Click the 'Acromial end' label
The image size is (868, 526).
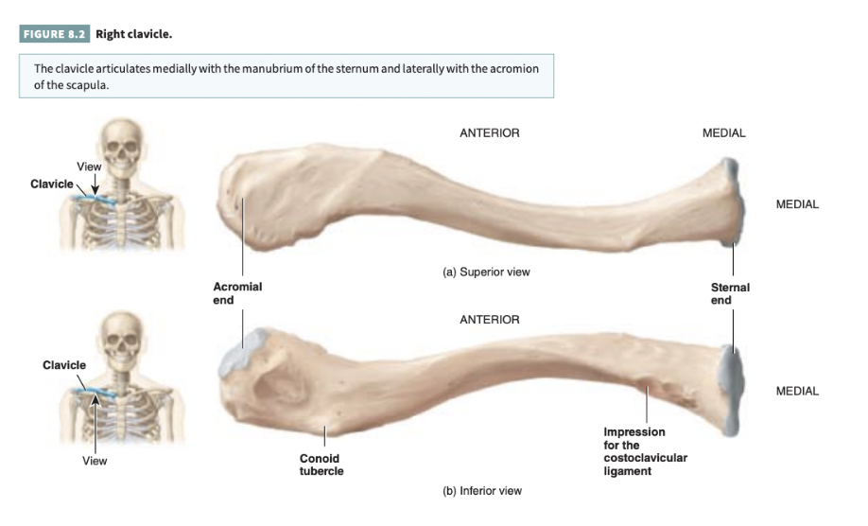[237, 292]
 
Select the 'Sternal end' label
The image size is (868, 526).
[730, 292]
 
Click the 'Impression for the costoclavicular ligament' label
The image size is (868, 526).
[645, 451]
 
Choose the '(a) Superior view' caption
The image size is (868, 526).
[486, 272]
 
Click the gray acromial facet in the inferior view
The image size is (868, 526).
[234, 353]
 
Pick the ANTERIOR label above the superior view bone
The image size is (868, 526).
[489, 133]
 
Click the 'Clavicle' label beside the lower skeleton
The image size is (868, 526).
[64, 364]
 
